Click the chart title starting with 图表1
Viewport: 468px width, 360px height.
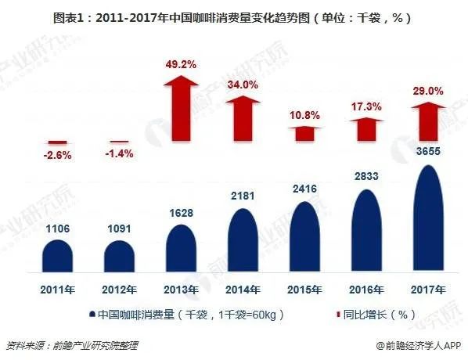tap(234, 16)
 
